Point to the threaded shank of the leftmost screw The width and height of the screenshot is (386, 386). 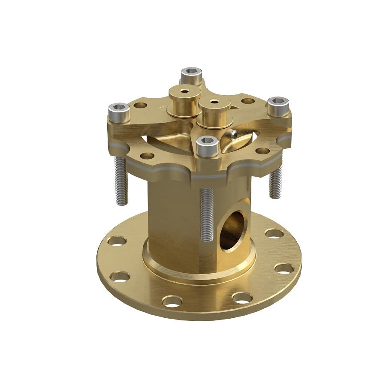coord(121,180)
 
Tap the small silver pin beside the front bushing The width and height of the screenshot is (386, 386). coord(233,135)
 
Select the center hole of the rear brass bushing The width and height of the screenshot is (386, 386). coord(184,91)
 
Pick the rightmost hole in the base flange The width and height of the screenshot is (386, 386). coord(284,269)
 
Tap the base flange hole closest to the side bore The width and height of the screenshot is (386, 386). coord(274,234)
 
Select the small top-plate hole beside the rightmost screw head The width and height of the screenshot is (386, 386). coord(248,101)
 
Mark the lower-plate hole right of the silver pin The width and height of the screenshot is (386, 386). coord(262,151)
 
